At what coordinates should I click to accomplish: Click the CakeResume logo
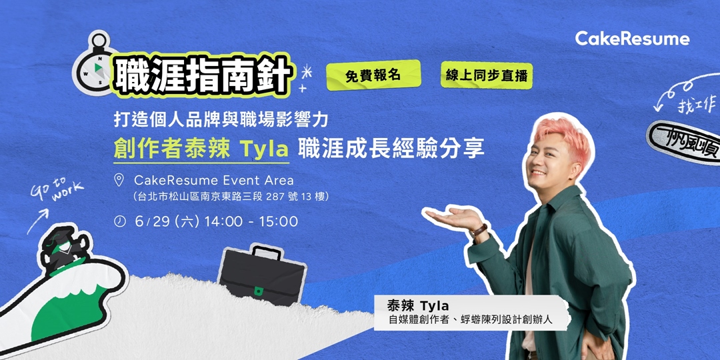click(x=632, y=39)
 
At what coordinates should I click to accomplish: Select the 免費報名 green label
click(x=373, y=75)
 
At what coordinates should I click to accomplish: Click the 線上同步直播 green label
click(x=486, y=75)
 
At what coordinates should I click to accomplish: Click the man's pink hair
click(x=559, y=134)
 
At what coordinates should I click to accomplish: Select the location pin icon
click(x=119, y=180)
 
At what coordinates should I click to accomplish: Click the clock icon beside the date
click(x=119, y=221)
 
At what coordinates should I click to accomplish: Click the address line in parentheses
click(x=231, y=197)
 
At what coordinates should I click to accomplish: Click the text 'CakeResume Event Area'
click(x=213, y=180)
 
